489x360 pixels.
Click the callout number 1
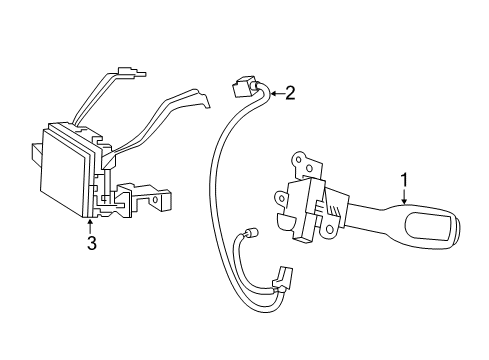pos(405,180)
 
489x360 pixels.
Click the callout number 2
pos(291,94)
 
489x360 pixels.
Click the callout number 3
pos(90,243)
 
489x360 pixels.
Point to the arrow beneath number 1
pos(405,196)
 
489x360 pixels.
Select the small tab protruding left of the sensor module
pos(36,153)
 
